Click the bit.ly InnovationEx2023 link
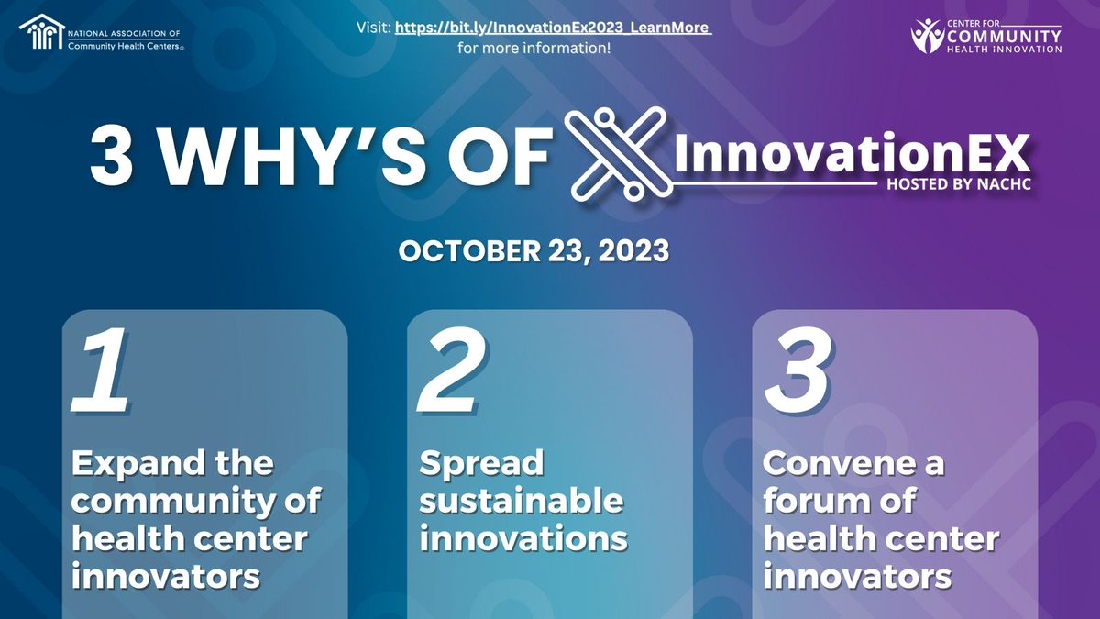553,28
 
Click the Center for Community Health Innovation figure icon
927,36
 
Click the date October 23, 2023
533,252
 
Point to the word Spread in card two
481,463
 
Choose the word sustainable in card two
522,502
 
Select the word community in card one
163,502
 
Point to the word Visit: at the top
373,28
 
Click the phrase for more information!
534,48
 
